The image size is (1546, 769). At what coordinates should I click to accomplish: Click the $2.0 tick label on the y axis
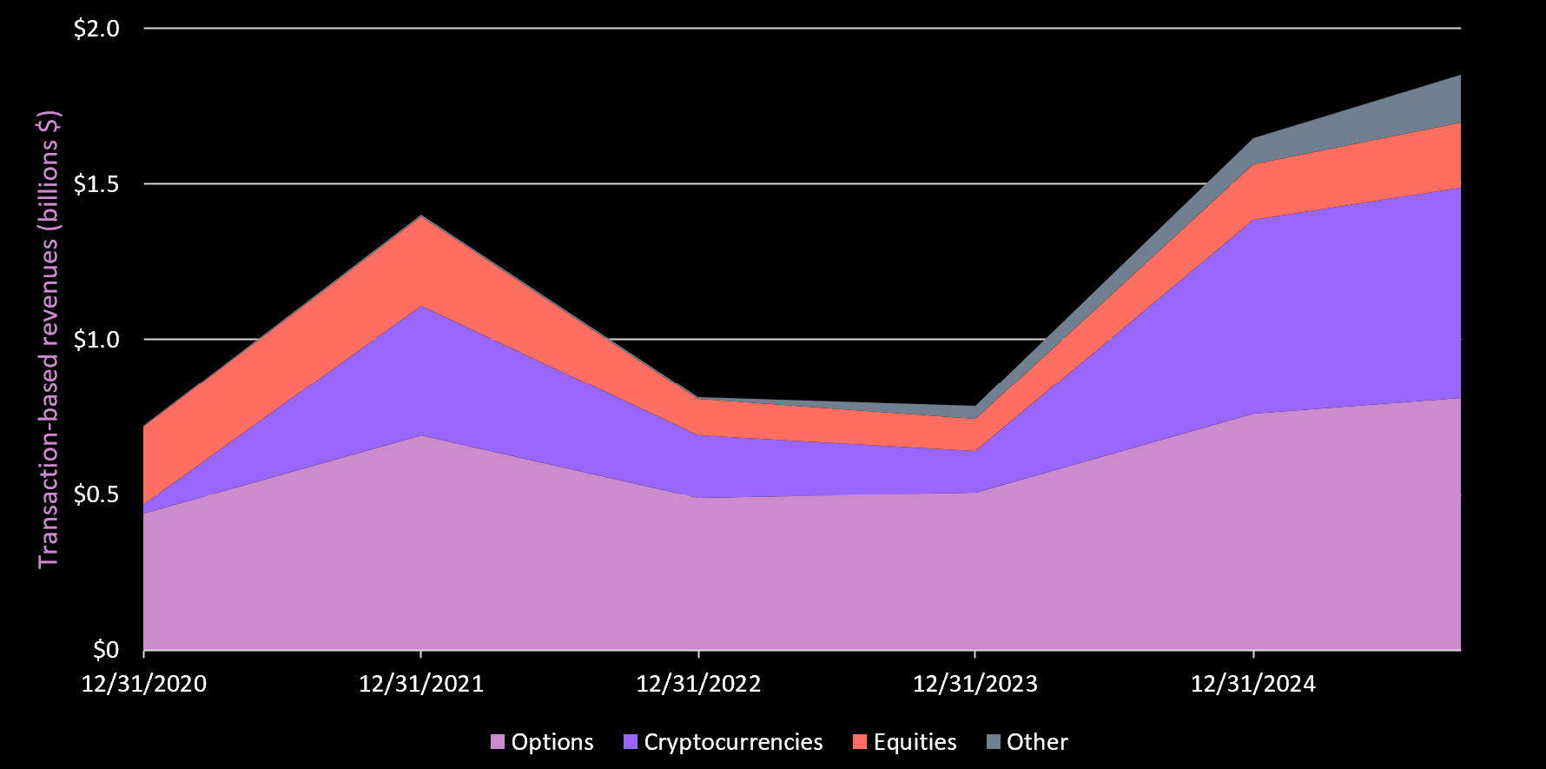[96, 29]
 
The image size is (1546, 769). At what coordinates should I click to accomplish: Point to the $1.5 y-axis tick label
[96, 184]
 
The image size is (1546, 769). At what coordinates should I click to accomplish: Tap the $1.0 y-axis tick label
[96, 340]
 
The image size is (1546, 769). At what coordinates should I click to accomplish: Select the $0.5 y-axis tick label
[96, 495]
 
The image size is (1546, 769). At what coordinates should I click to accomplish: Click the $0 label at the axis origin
[106, 650]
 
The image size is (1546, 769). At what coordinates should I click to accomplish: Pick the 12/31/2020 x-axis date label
[144, 684]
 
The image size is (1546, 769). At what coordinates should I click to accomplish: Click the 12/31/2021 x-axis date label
[421, 684]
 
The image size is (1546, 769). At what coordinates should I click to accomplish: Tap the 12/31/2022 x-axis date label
[698, 684]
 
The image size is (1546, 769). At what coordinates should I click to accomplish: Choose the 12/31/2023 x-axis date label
[975, 684]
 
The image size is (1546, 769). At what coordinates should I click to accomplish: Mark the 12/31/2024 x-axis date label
[1252, 684]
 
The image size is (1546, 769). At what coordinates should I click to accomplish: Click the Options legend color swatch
[498, 742]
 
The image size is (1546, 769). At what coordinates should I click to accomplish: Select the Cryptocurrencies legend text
[733, 742]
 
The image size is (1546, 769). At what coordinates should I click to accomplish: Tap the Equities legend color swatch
[860, 742]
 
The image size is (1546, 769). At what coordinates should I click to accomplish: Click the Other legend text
[1037, 742]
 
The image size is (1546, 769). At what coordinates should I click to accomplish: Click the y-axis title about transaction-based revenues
[49, 339]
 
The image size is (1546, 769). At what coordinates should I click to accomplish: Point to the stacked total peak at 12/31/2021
[421, 215]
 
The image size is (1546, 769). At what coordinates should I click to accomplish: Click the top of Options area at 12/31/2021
[421, 434]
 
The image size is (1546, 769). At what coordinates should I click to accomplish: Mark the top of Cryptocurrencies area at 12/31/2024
[1252, 220]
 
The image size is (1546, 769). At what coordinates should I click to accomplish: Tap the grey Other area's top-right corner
[1459, 76]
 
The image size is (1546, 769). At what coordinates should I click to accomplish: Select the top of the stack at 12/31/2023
[975, 406]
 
